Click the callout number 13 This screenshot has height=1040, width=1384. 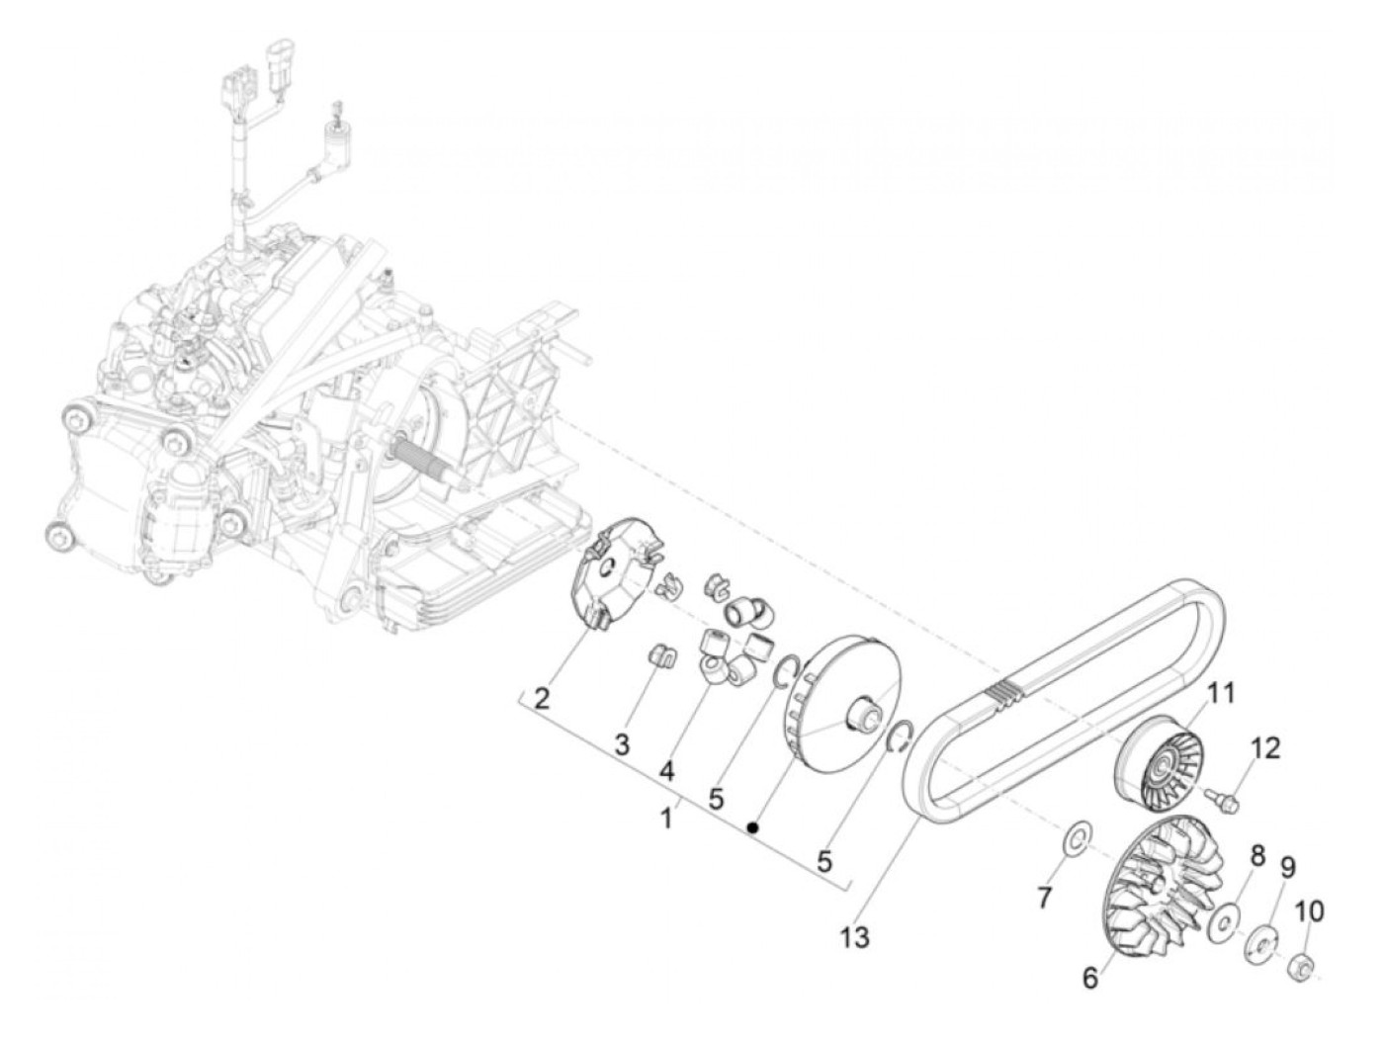pos(856,936)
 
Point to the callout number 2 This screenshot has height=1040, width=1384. pos(541,699)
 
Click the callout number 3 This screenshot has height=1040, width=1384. pos(621,743)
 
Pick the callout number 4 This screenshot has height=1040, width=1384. pos(667,770)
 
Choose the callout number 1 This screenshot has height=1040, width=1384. pos(668,819)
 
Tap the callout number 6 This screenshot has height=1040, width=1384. pos(1089,978)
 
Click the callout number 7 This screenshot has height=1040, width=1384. pos(1045,897)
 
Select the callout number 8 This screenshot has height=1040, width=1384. pos(1257,856)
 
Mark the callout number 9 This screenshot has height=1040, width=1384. pos(1287,868)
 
